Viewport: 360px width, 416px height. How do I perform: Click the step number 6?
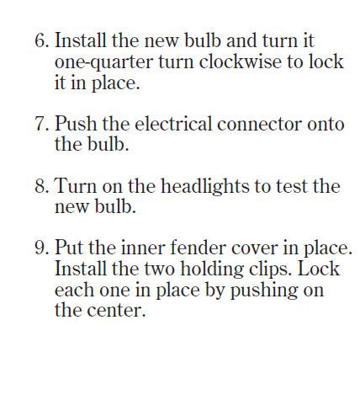tap(42, 40)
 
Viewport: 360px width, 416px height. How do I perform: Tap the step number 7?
tap(42, 124)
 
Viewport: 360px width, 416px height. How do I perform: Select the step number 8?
tap(42, 186)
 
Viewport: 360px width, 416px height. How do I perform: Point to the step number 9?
tap(42, 248)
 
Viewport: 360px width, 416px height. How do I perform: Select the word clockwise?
tap(241, 61)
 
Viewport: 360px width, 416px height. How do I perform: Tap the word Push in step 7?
tap(76, 123)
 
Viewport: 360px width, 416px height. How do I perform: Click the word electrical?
tap(173, 123)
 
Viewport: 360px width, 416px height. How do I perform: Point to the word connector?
tap(259, 125)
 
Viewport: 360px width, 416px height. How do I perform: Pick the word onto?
tap(326, 125)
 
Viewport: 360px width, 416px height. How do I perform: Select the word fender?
tap(198, 248)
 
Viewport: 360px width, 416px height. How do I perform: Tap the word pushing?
tap(263, 291)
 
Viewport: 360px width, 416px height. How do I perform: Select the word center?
tap(116, 311)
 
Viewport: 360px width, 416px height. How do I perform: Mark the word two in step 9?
tap(160, 269)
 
